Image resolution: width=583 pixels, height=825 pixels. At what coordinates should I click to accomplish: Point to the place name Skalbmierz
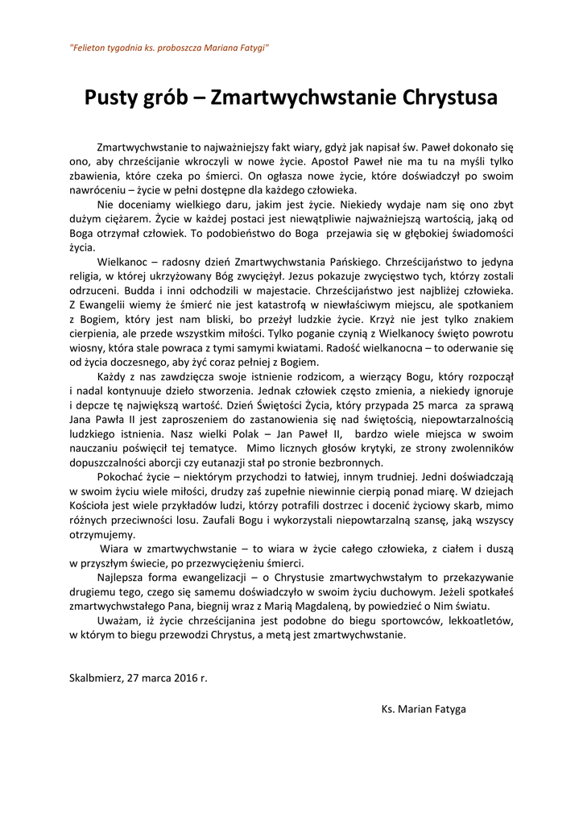[x=96, y=678]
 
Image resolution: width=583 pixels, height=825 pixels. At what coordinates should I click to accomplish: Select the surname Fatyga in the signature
[x=449, y=709]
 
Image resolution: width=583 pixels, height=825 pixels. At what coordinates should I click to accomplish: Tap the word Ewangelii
[x=110, y=305]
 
